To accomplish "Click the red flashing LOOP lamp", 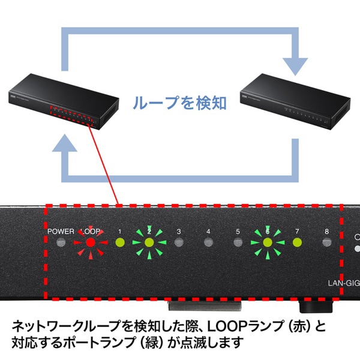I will [x=89, y=242].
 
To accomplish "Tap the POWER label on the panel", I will [x=61, y=231].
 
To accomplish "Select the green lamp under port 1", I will [x=119, y=242].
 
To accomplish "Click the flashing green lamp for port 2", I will [x=149, y=242].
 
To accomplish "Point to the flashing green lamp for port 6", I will [x=267, y=242].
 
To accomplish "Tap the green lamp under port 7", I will [x=296, y=242].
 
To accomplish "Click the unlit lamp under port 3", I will [x=178, y=242].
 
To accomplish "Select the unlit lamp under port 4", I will [x=208, y=242].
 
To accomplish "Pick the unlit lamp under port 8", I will [x=326, y=242].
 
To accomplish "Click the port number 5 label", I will [x=238, y=231].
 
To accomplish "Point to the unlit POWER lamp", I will [x=60, y=242].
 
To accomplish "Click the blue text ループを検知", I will [x=180, y=103].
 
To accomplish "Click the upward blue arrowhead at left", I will [x=65, y=143].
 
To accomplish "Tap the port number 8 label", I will [x=326, y=231].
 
